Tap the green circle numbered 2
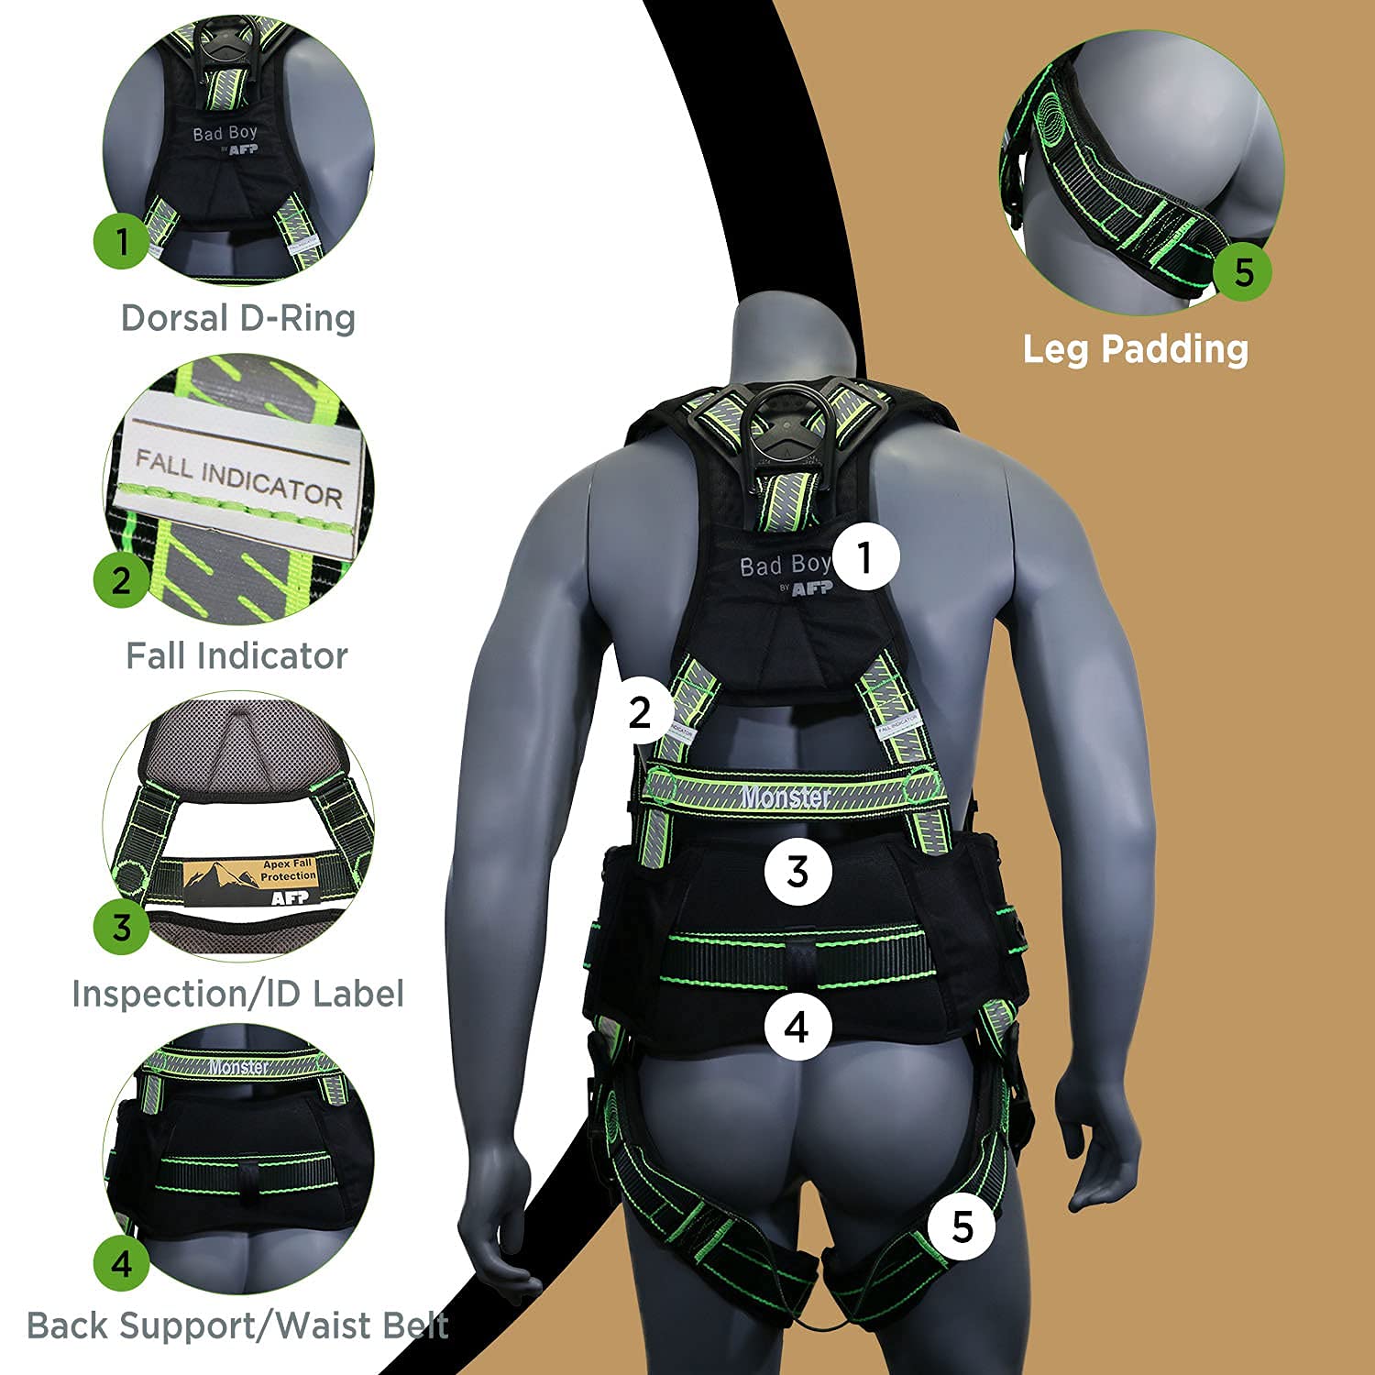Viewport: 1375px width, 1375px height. point(121,579)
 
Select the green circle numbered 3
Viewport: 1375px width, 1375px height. point(122,927)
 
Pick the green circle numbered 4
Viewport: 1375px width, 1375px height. point(122,1263)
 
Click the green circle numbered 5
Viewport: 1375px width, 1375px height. point(1243,272)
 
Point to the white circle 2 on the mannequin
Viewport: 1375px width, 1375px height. point(640,712)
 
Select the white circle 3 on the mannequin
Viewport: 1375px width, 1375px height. point(797,871)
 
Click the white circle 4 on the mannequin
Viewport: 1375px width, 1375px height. point(797,1026)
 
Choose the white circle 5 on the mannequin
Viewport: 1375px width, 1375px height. point(962,1226)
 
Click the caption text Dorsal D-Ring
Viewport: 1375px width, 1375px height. point(238,318)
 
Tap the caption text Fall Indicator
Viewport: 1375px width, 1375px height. point(236,656)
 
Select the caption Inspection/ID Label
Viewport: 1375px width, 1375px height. point(237,994)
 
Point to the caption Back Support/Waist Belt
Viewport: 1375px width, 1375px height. point(237,1325)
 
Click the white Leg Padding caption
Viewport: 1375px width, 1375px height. point(1135,349)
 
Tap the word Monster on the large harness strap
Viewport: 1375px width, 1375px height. point(786,797)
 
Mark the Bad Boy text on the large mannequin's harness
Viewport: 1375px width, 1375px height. point(785,566)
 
